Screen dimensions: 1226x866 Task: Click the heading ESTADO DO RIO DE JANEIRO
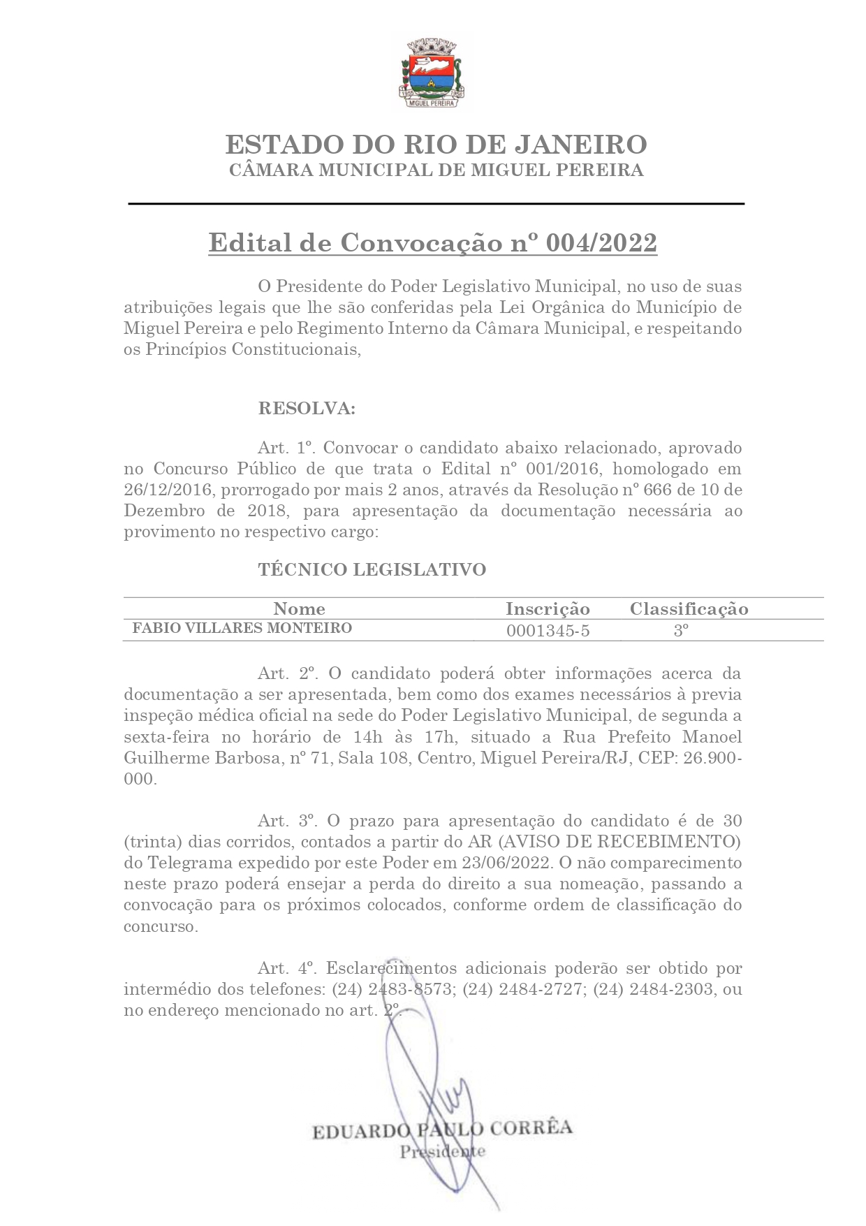[436, 145]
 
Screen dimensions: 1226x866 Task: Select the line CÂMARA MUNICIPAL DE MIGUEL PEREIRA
[436, 170]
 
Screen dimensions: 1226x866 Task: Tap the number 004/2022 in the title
[601, 243]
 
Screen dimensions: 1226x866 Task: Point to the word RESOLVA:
[307, 409]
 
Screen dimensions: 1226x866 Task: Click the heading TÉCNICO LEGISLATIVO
[372, 569]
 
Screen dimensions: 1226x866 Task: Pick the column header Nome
[299, 608]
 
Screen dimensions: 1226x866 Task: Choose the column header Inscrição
[548, 608]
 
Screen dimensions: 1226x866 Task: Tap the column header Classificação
[689, 608]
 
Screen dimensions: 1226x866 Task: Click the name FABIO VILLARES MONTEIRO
[242, 628]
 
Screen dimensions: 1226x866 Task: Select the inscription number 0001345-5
[548, 631]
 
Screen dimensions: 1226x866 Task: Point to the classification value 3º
[681, 630]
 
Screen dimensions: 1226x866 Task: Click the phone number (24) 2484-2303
[653, 989]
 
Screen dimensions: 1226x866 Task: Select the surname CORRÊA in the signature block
[531, 1128]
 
